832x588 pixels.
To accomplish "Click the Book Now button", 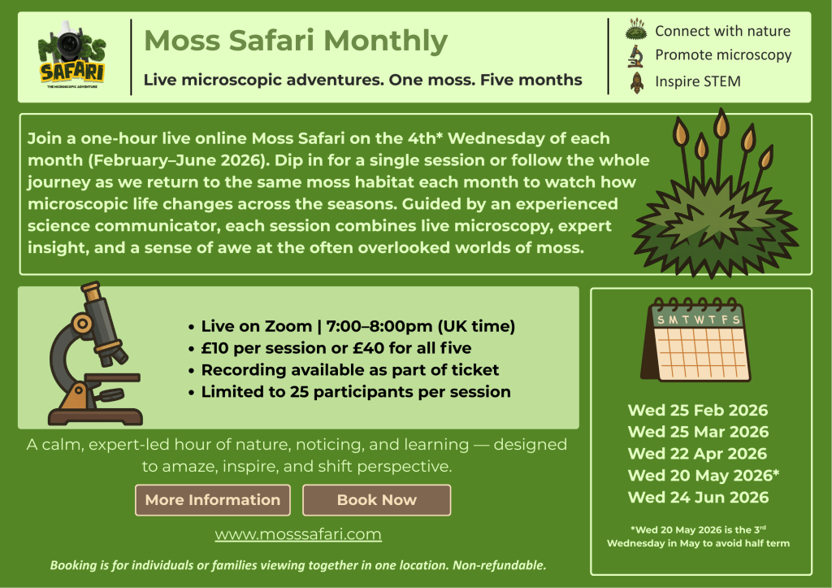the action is (377, 500).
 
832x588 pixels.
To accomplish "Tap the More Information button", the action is (213, 500).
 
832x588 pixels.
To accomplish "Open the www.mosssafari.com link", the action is (298, 534).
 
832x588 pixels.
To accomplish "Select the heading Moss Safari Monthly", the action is (296, 41).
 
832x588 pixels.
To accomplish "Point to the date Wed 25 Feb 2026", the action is (698, 410).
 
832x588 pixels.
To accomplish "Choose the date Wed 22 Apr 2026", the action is (697, 454).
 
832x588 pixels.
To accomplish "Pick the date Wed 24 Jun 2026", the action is (698, 497).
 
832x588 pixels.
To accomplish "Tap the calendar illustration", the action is (695, 339).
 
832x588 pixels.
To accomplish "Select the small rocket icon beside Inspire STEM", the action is (637, 82).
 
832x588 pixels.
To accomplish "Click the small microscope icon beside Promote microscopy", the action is (635, 56).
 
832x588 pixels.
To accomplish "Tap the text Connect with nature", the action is (722, 32).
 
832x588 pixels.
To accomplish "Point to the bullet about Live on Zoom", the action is (351, 326).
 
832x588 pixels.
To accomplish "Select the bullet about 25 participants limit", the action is (349, 392).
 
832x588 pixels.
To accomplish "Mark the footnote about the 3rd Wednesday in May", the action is (698, 537).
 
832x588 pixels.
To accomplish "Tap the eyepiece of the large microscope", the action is (91, 290).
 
